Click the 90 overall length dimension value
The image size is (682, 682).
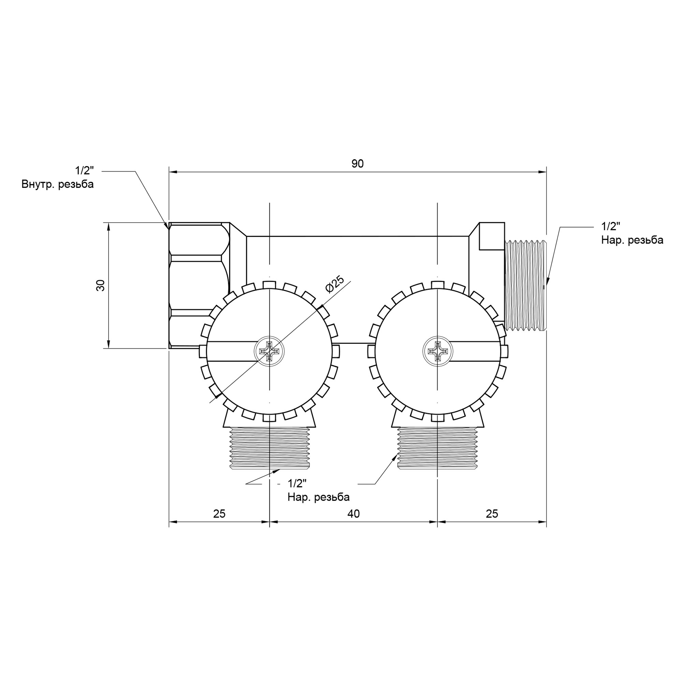[x=357, y=164]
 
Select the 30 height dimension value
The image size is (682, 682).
[x=101, y=285]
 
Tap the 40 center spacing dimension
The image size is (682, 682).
[x=353, y=514]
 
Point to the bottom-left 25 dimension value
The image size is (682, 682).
[x=219, y=514]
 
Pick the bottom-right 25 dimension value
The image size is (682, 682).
[x=492, y=514]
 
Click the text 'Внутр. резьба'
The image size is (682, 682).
[x=58, y=184]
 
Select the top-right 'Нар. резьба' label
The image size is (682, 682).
[x=632, y=240]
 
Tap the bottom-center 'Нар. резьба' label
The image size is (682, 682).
[x=318, y=497]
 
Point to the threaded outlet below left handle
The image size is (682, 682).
[x=270, y=448]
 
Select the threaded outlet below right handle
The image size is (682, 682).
[x=438, y=448]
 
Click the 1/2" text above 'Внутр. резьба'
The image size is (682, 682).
[x=84, y=171]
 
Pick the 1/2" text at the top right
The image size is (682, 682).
[x=611, y=226]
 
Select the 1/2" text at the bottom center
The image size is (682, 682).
[x=297, y=483]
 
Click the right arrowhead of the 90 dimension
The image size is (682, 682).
[x=543, y=172]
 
